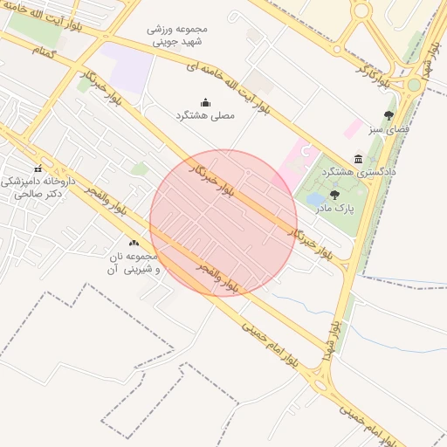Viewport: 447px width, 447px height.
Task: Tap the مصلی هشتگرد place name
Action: tap(206, 115)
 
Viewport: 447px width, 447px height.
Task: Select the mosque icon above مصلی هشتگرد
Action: tap(206, 102)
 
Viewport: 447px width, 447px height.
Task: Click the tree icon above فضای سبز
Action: tap(389, 114)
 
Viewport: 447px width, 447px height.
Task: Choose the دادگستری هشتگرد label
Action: tap(359, 172)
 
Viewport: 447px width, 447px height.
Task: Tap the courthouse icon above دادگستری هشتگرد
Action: tap(358, 159)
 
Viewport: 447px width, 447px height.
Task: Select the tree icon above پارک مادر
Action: tap(334, 195)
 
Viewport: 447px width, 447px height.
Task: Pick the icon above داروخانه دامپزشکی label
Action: tap(38, 168)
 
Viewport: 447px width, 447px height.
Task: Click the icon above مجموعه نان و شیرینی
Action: tap(134, 243)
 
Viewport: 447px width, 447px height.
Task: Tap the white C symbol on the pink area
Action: tap(305, 152)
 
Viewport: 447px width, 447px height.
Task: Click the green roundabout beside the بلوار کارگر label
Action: tap(414, 85)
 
